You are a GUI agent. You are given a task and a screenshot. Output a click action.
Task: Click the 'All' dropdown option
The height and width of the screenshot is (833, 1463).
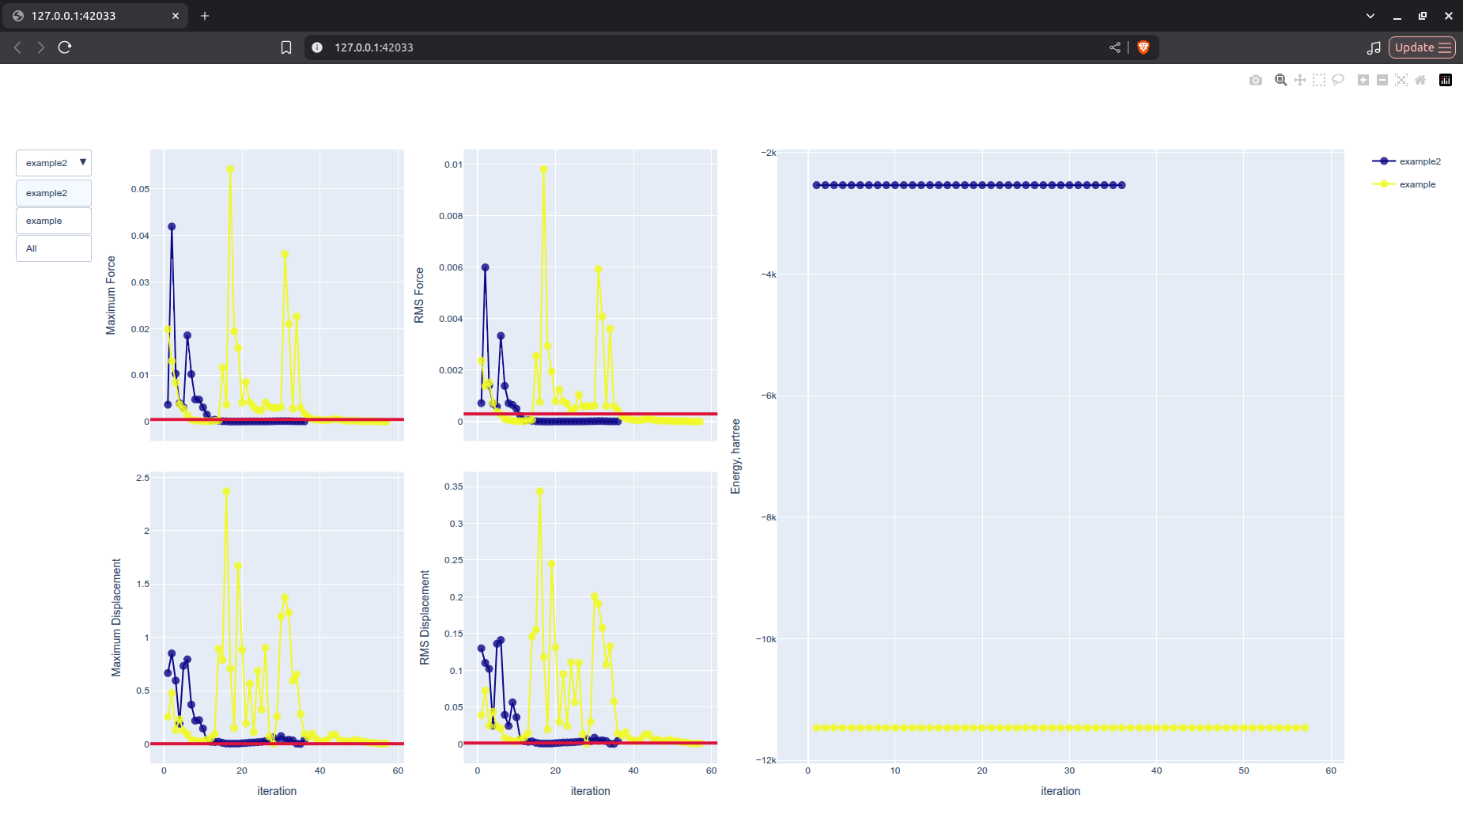[x=53, y=248]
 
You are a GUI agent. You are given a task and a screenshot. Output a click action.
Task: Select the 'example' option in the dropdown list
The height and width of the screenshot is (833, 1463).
[x=53, y=221]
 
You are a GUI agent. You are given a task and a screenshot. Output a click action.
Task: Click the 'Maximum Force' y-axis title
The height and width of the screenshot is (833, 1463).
[x=111, y=295]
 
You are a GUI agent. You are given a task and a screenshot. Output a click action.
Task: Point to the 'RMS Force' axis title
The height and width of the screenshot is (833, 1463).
[x=419, y=295]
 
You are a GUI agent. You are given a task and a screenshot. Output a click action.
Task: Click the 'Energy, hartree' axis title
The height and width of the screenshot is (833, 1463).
[x=735, y=456]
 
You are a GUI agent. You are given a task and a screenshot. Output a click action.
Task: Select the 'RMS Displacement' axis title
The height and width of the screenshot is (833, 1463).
[x=425, y=617]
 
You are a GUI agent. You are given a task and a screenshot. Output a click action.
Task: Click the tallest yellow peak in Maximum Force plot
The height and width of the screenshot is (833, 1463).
[x=230, y=169]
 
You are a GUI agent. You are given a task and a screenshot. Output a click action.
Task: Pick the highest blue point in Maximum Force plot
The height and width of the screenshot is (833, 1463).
[x=172, y=227]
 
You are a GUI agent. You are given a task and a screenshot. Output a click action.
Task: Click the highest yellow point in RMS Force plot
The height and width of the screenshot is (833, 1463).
[x=543, y=169]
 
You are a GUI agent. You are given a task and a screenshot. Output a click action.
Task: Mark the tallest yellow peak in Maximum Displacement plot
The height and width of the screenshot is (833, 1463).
[x=226, y=491]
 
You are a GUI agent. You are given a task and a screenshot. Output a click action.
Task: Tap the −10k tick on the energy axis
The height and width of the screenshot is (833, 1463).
[x=766, y=639]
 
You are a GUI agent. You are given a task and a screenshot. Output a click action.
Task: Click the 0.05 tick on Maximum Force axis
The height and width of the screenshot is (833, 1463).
[x=140, y=189]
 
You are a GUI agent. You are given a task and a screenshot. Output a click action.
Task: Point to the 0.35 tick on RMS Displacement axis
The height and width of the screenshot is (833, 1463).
[x=453, y=487]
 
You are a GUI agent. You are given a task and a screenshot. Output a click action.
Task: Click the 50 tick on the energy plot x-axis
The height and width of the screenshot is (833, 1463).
[x=1243, y=771]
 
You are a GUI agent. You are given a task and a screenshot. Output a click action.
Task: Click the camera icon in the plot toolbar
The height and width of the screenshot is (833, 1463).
[x=1255, y=80]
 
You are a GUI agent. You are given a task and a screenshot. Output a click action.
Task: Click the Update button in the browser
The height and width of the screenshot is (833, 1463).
[x=1421, y=47]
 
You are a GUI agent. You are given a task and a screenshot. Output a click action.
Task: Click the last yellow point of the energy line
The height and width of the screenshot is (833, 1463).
[x=1305, y=728]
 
